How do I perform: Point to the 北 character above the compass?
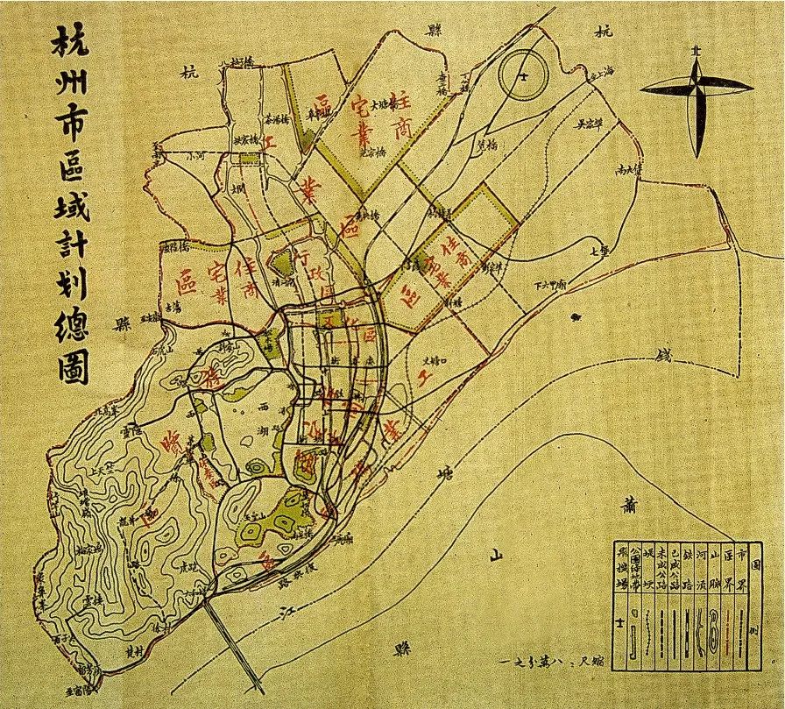pos(696,51)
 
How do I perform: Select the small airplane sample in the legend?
pos(621,626)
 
